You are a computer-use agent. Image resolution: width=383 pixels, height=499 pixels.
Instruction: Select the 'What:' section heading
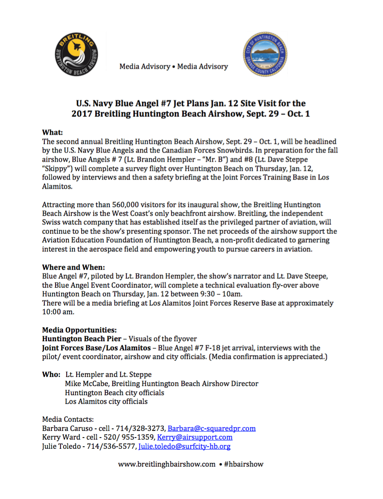pyautogui.click(x=52, y=132)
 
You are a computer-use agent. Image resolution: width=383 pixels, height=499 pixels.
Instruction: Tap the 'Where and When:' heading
pyautogui.click(x=73, y=267)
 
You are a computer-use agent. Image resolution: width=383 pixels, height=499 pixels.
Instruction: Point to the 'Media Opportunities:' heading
pyautogui.click(x=79, y=330)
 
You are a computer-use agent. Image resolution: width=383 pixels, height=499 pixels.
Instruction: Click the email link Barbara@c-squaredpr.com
pyautogui.click(x=211, y=428)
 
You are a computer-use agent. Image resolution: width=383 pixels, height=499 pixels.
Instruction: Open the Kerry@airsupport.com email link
pyautogui.click(x=194, y=437)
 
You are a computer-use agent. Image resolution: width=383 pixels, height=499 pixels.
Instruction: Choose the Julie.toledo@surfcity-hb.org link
pyautogui.click(x=184, y=446)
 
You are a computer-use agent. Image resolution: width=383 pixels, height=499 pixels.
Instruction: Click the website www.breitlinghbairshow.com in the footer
pyautogui.click(x=167, y=464)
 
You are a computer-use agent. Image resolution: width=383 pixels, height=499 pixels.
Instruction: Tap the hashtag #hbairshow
pyautogui.click(x=244, y=464)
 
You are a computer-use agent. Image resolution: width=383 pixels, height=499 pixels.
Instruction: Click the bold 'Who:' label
pyautogui.click(x=51, y=374)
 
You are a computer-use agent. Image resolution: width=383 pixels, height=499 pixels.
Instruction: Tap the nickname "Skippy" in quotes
pyautogui.click(x=56, y=169)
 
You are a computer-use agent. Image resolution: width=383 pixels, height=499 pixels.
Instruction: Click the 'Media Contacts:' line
pyautogui.click(x=68, y=419)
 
